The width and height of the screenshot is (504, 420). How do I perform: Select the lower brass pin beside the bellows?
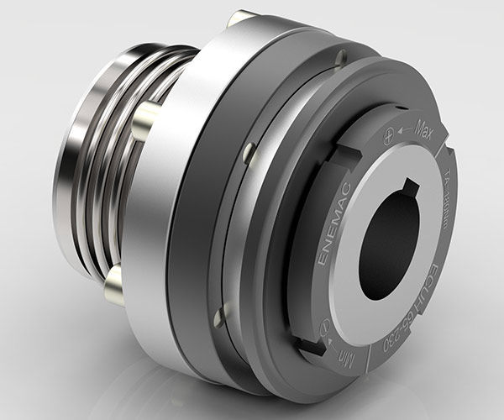(x=113, y=285)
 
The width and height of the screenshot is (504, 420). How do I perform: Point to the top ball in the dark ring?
(x=340, y=58)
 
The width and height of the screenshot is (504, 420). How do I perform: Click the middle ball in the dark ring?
(x=249, y=152)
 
